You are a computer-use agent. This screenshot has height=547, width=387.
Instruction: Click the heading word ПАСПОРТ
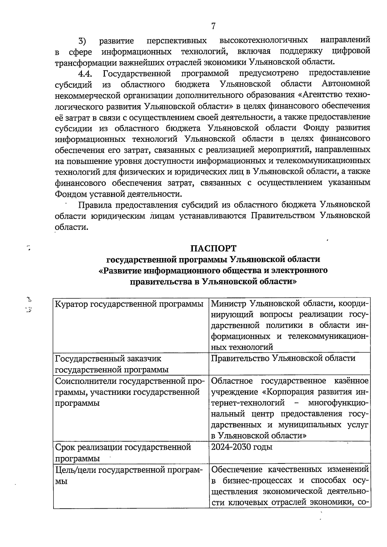click(x=213, y=249)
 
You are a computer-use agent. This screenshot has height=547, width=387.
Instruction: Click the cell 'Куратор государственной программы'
click(x=129, y=304)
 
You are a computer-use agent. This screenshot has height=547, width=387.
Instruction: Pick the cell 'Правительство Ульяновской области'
click(x=283, y=358)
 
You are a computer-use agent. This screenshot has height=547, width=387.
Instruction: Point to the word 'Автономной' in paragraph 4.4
click(x=346, y=84)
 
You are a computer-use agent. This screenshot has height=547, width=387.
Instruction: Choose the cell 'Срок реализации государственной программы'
click(x=123, y=453)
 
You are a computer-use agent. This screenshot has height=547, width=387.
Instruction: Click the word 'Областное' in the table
click(x=232, y=381)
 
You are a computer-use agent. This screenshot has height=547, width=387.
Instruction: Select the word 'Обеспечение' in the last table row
click(x=237, y=469)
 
